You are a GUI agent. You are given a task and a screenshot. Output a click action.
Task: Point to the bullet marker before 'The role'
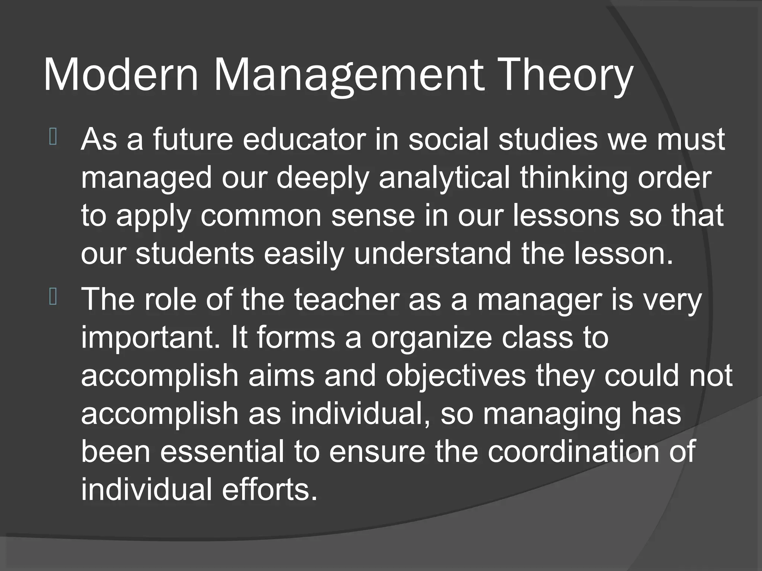[x=52, y=298]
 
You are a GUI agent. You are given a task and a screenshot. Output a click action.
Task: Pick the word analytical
[x=444, y=178]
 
